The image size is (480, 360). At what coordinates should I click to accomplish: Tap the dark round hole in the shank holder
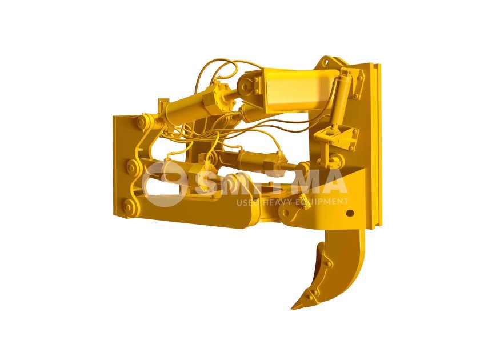tap(350, 214)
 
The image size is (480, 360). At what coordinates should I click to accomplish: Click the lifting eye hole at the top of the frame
tap(328, 61)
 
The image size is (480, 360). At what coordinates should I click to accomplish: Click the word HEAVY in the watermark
tap(274, 201)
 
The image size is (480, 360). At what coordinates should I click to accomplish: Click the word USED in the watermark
tap(246, 201)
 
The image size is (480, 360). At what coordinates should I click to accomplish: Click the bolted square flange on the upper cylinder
tap(218, 98)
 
